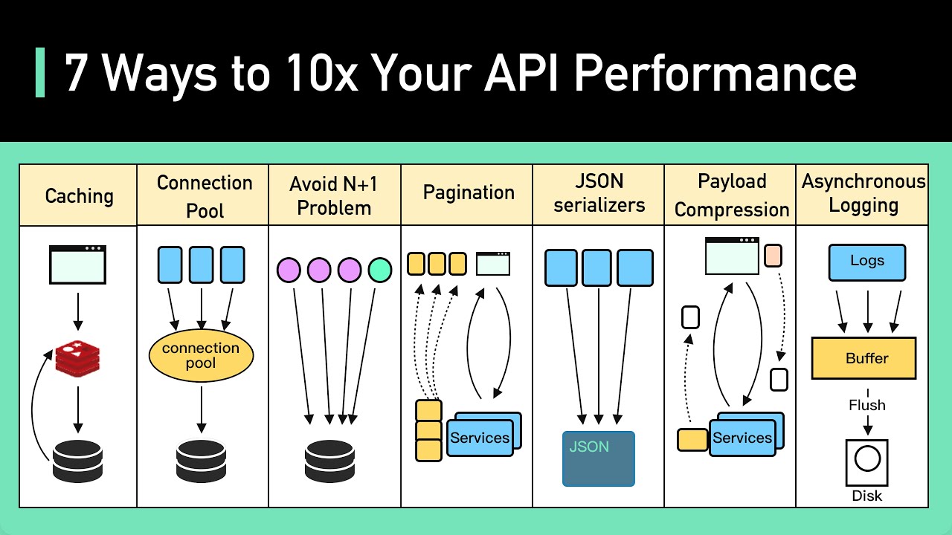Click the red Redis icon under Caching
tap(77, 359)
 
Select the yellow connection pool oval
tap(201, 356)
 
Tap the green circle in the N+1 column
tap(379, 270)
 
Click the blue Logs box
tap(866, 262)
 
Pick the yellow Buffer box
tap(863, 358)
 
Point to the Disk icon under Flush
tap(866, 461)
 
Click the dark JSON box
tap(599, 458)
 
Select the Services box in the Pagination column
tap(480, 438)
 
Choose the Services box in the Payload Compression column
tap(742, 438)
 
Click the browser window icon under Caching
tap(77, 265)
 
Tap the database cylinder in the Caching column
tap(77, 461)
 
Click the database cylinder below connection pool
tap(201, 461)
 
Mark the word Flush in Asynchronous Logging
tap(866, 405)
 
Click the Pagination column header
tap(468, 193)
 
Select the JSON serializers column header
tap(599, 193)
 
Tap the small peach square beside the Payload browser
tap(773, 256)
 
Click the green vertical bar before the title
tap(40, 73)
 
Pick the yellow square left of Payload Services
tap(692, 439)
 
